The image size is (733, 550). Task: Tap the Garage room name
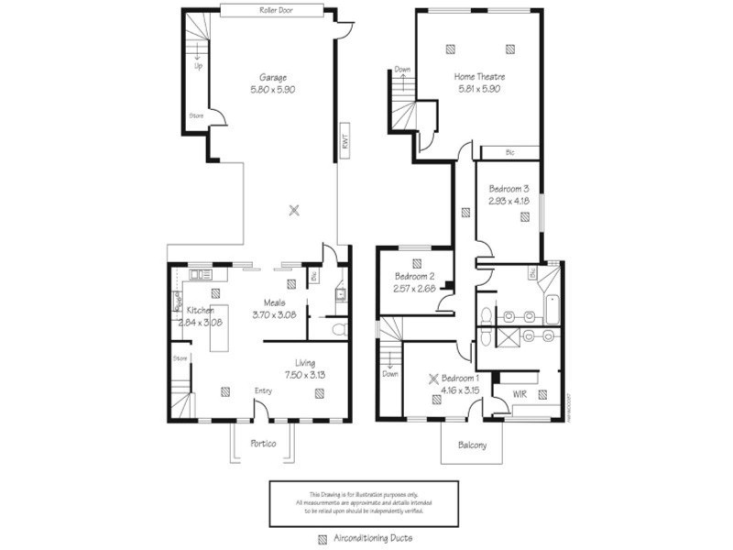click(x=273, y=77)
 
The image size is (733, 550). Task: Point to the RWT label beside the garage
click(x=345, y=139)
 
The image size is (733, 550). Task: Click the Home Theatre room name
click(x=479, y=76)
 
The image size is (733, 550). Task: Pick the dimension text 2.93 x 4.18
click(x=509, y=199)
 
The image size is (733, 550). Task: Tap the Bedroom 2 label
click(x=414, y=276)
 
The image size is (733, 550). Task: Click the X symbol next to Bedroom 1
click(x=435, y=377)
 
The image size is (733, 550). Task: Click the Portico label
click(x=263, y=443)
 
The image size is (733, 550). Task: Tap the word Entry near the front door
click(x=263, y=391)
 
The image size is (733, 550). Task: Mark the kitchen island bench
click(x=219, y=327)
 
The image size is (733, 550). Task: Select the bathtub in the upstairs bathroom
click(x=550, y=311)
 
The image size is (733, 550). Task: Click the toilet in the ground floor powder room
click(x=338, y=327)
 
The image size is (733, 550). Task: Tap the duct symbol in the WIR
click(x=542, y=394)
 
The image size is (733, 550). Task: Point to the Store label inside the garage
click(x=196, y=115)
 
